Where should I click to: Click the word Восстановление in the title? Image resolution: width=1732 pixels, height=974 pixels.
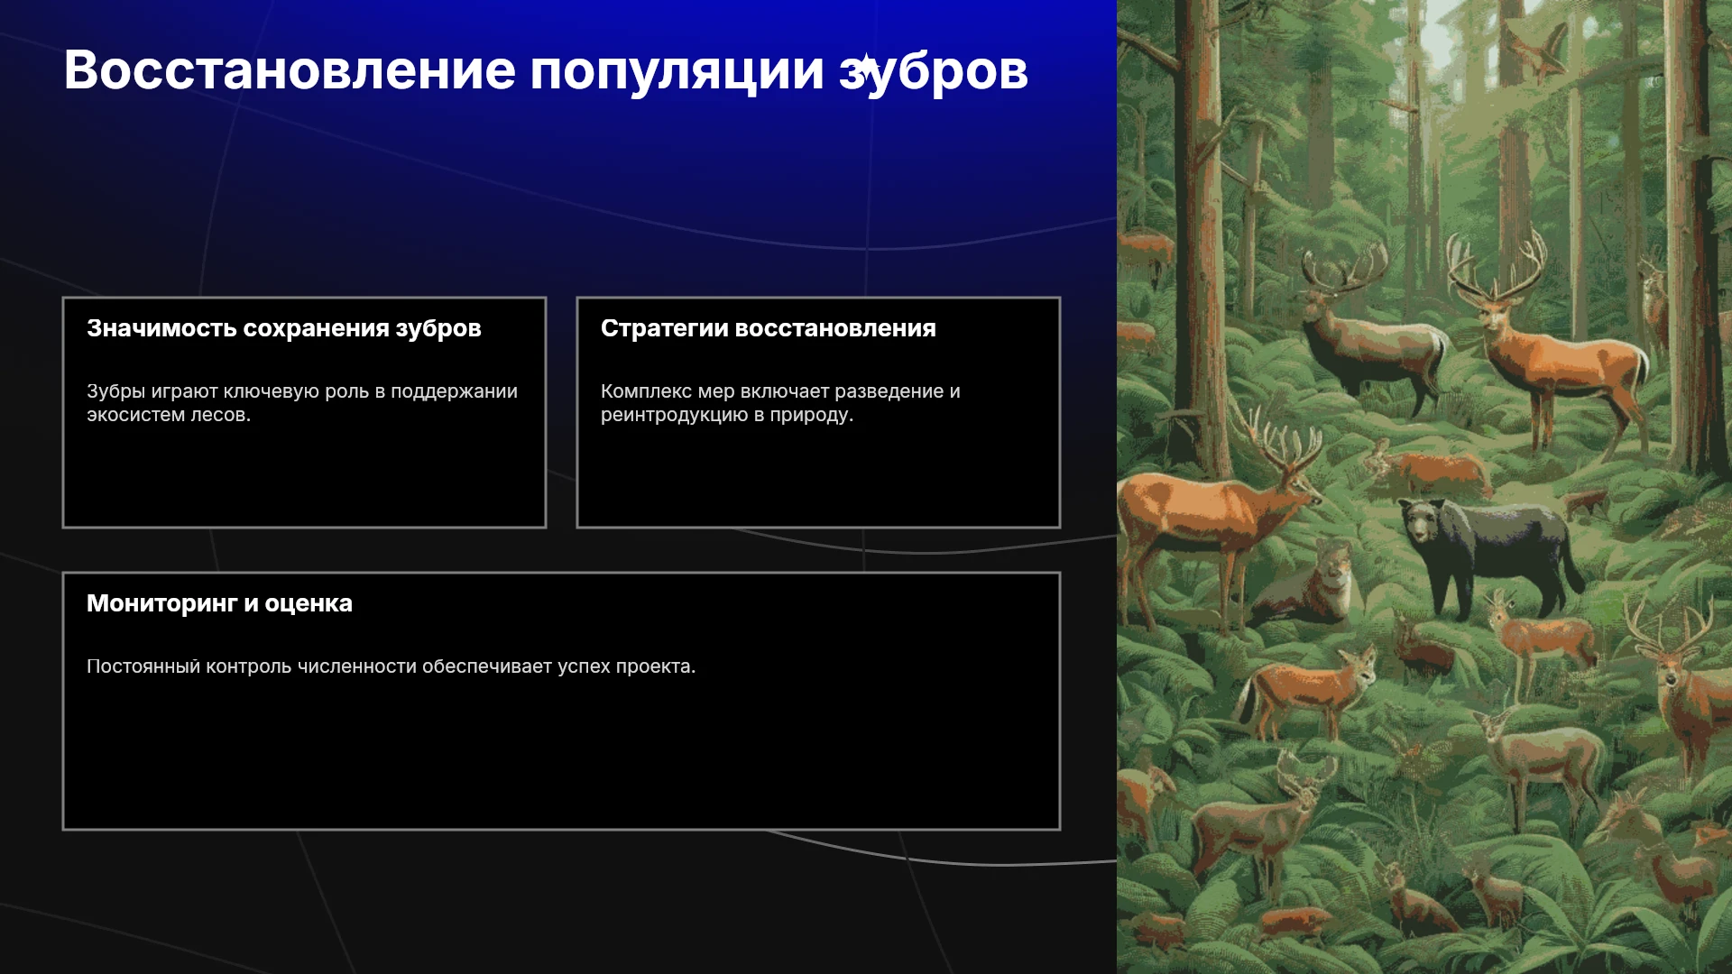pos(290,70)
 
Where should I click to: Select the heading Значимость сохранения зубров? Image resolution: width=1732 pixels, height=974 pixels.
pos(284,328)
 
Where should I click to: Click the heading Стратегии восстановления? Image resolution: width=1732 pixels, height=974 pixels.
pos(769,328)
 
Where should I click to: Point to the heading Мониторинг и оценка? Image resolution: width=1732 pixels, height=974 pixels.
pos(219,603)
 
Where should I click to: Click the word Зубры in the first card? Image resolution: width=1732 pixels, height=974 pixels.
pos(115,391)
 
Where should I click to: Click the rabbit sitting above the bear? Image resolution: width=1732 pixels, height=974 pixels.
pos(1377,459)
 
